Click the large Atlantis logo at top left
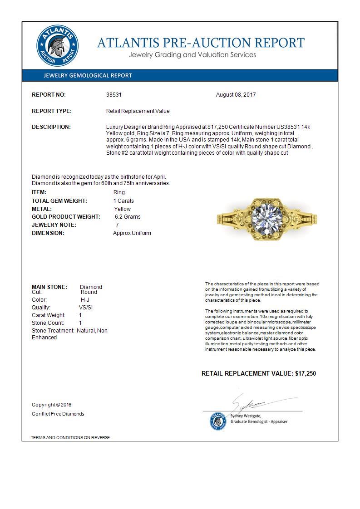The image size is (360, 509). (x=57, y=46)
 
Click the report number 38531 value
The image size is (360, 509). (x=114, y=95)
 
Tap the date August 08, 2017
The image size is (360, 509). (x=236, y=95)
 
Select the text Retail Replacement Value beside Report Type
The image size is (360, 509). (x=138, y=111)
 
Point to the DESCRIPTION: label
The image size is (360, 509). (x=51, y=127)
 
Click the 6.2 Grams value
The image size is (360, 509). (x=128, y=217)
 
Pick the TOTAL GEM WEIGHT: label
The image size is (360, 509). (x=59, y=201)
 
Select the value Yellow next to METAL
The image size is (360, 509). (x=123, y=209)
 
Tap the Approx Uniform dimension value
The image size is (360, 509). (x=132, y=233)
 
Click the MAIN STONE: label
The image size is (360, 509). (x=49, y=287)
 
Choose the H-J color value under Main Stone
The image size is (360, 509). (x=85, y=300)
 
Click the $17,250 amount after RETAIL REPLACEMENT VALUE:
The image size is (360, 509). (x=305, y=373)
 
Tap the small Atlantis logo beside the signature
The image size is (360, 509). (x=218, y=421)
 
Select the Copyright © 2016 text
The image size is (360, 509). (x=52, y=405)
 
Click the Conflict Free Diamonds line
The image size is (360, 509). (x=58, y=414)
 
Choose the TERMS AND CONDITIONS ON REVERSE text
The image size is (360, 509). (x=70, y=438)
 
